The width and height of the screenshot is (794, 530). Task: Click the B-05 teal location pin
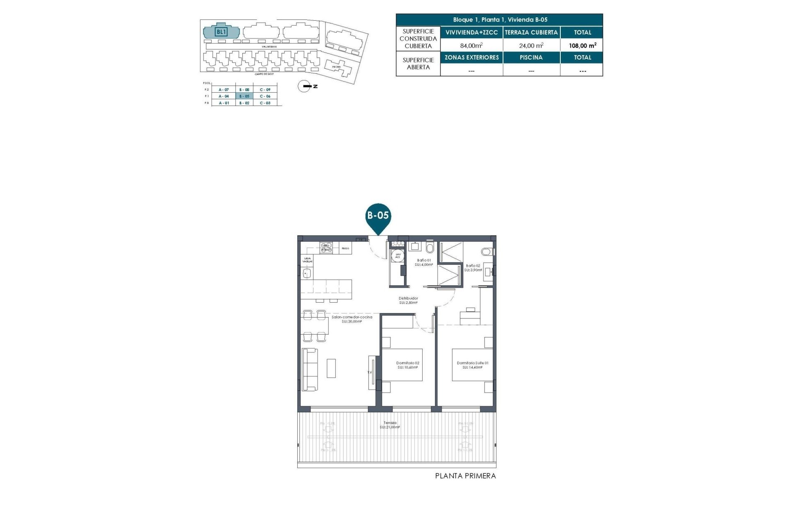pyautogui.click(x=378, y=217)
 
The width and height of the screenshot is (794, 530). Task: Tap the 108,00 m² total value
pyautogui.click(x=582, y=46)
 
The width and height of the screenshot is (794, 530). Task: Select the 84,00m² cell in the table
pyautogui.click(x=471, y=46)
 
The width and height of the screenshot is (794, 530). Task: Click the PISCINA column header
pyautogui.click(x=531, y=58)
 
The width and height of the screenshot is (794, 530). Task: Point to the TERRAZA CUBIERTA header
pyautogui.click(x=531, y=32)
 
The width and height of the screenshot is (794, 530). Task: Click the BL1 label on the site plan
pyautogui.click(x=221, y=32)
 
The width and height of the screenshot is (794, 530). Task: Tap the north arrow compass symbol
pyautogui.click(x=305, y=86)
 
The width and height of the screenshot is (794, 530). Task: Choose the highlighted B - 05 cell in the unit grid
pyautogui.click(x=244, y=96)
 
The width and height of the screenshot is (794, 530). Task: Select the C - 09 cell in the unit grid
pyautogui.click(x=265, y=89)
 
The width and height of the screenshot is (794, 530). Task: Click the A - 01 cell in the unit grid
pyautogui.click(x=224, y=103)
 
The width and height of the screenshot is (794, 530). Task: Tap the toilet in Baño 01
pyautogui.click(x=430, y=248)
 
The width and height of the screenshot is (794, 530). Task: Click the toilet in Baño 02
pyautogui.click(x=486, y=251)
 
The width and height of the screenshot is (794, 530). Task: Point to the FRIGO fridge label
pyautogui.click(x=345, y=248)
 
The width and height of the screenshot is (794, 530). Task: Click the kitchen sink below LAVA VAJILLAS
pyautogui.click(x=306, y=273)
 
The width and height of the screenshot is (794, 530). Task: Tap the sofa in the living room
pyautogui.click(x=310, y=369)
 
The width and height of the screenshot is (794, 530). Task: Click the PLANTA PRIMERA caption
pyautogui.click(x=465, y=476)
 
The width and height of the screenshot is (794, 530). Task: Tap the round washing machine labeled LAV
pyautogui.click(x=398, y=255)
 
